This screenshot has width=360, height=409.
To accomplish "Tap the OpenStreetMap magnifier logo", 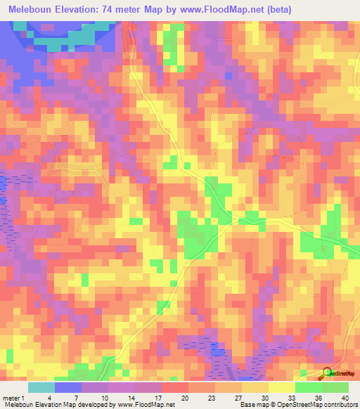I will [x=328, y=372].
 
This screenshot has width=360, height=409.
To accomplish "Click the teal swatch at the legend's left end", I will [x=41, y=387].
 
